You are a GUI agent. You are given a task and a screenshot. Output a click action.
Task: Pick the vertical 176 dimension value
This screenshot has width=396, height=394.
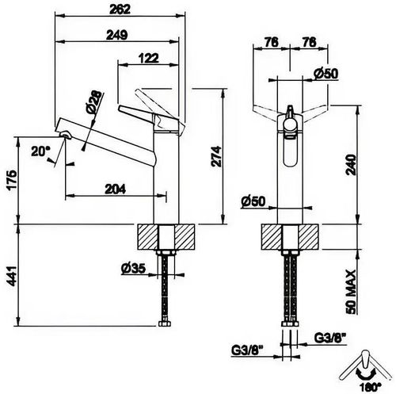[x=10, y=182]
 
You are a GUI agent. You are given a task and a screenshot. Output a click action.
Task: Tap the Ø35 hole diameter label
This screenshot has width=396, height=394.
[x=133, y=268]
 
